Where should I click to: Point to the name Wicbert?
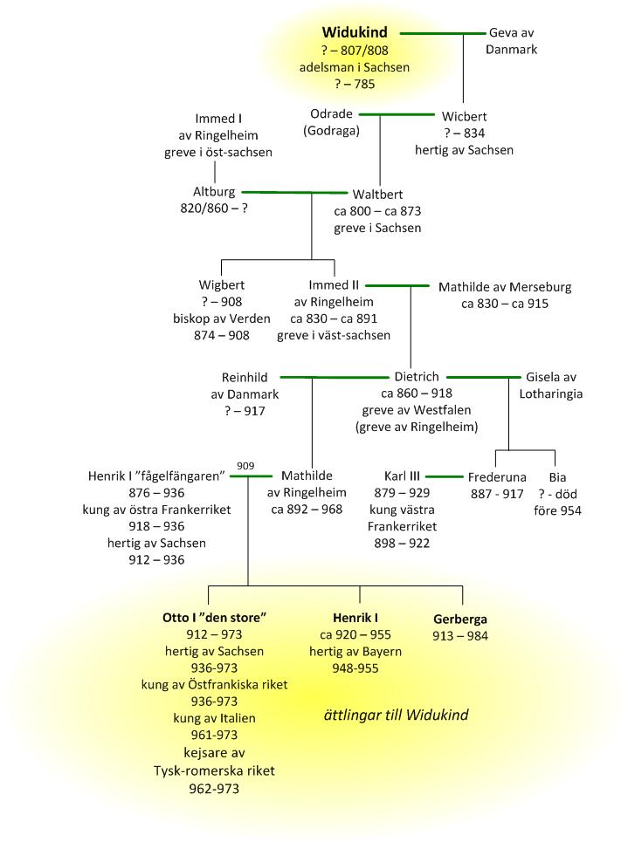pos(464,116)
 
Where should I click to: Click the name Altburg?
pos(214,192)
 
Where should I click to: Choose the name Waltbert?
pos(377,195)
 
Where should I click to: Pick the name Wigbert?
pos(222,285)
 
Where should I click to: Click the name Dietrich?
pos(416,378)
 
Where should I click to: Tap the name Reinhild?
pos(244,378)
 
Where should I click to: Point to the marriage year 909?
pos(246,465)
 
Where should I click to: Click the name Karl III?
pos(402,476)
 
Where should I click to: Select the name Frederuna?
pos(495,477)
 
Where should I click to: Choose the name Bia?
pos(557,477)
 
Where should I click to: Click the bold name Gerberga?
pos(460,619)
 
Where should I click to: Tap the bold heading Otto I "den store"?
pos(214,617)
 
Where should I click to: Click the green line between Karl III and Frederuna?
pos(443,476)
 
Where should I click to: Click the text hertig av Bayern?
pos(361,652)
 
